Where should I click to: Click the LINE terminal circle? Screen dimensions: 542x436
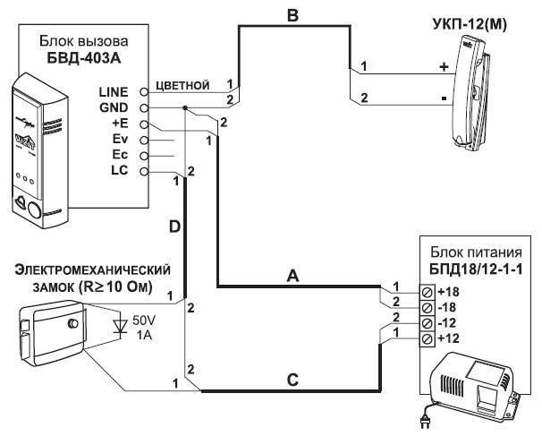pos(145,92)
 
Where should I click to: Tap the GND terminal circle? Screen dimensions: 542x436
pos(145,108)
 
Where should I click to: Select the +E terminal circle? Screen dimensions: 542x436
pos(145,124)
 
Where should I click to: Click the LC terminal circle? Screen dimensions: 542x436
pos(145,172)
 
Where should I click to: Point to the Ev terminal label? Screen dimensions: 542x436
pos(120,139)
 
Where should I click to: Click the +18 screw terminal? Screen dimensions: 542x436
pos(427,292)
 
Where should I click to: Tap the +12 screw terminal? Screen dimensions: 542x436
pos(427,338)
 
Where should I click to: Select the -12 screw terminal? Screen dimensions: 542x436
pos(427,323)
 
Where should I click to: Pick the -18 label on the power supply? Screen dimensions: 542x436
pos(448,307)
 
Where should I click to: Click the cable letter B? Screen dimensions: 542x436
pos(292,15)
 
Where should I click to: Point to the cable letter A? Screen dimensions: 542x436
pos(293,276)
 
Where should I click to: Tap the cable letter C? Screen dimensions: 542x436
pos(292,380)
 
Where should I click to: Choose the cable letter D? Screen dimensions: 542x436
pos(175,227)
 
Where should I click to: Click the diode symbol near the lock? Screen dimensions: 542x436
pos(121,326)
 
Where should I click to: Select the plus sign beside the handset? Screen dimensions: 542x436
pos(444,67)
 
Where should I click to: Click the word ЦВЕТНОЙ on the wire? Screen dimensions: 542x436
pos(182,85)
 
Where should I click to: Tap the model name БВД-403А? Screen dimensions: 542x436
pos(84,58)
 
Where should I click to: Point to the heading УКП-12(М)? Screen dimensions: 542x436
pos(470,25)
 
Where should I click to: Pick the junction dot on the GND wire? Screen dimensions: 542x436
pos(185,107)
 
